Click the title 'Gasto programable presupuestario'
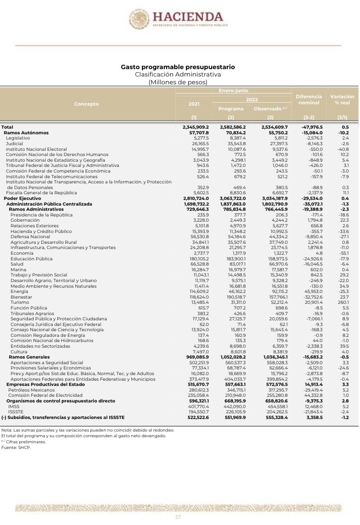[x=177, y=67]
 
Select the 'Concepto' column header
[x=87, y=104]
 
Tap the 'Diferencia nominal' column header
[x=309, y=100]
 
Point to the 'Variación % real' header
[x=342, y=100]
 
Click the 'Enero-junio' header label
[x=233, y=90]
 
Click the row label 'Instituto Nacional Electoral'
[x=36, y=149]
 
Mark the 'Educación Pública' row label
[x=32, y=259]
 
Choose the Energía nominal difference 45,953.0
[x=310, y=291]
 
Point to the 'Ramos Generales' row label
[x=29, y=357]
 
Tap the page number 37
[x=178, y=517]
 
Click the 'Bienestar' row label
[x=21, y=297]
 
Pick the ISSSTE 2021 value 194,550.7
[x=198, y=412]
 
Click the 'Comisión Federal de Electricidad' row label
[x=45, y=395]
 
